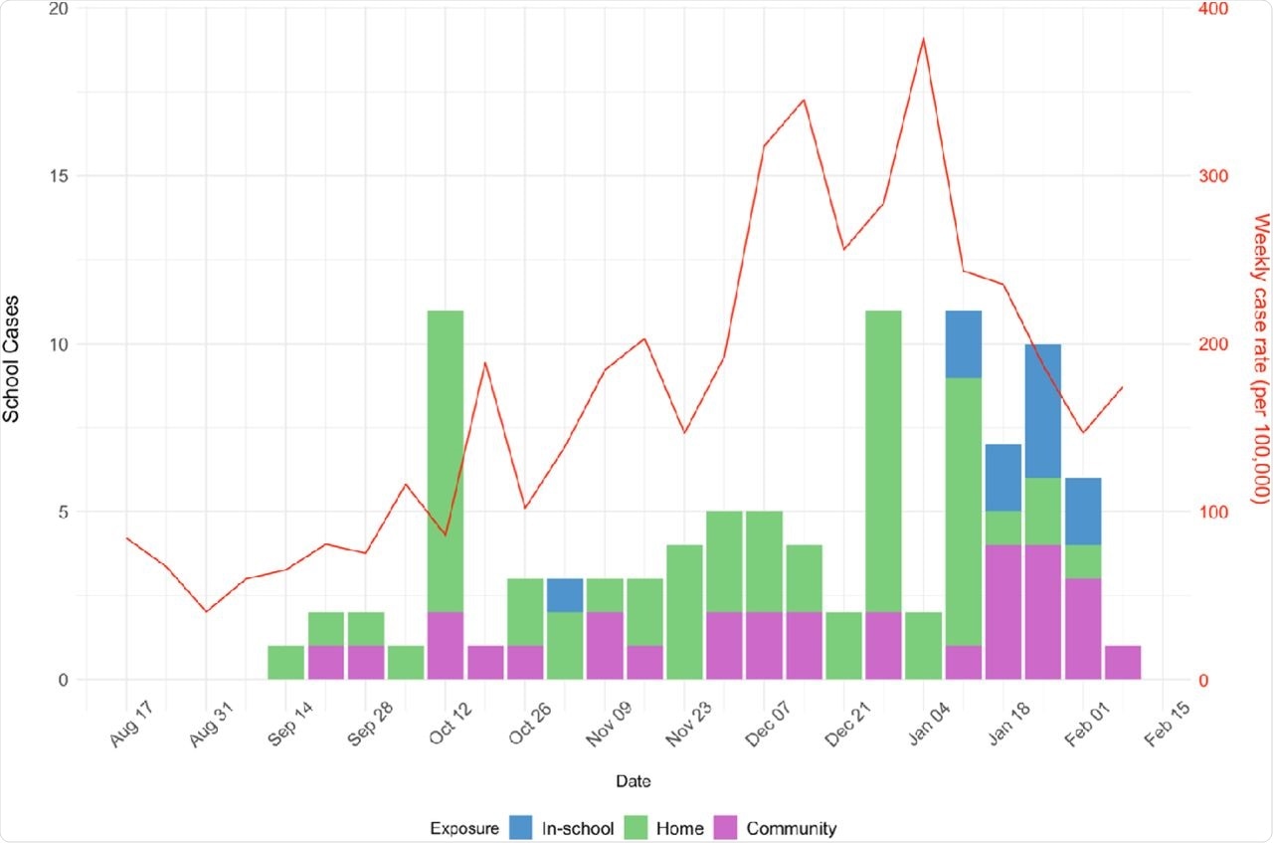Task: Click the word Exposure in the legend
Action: point(463,828)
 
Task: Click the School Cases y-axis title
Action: point(12,344)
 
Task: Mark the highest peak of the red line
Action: point(923,40)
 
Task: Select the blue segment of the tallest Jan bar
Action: point(963,344)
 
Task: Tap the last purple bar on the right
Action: point(1122,664)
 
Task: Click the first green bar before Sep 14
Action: point(286,664)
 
